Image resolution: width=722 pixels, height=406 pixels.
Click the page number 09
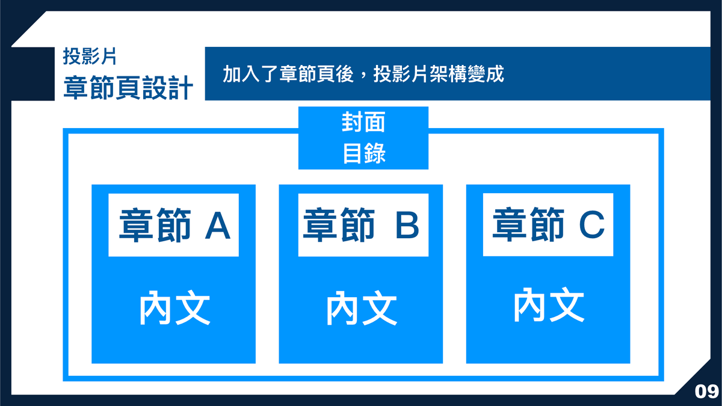tap(706, 392)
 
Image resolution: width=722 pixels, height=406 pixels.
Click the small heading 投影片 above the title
tap(90, 57)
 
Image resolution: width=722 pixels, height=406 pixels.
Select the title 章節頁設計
tap(128, 88)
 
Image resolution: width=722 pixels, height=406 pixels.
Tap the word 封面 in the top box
tap(363, 122)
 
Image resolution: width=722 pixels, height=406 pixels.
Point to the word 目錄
tap(364, 153)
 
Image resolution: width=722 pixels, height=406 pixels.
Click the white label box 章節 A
tap(173, 225)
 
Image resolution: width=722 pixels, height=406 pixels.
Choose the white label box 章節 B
tap(363, 225)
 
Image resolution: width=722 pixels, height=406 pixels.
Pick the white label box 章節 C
tap(548, 224)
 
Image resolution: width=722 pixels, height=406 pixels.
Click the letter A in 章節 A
tap(218, 226)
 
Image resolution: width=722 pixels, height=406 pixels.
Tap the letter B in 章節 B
tap(407, 225)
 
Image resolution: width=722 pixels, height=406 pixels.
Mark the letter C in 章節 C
tap(591, 224)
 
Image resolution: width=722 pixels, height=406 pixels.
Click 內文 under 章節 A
tap(174, 307)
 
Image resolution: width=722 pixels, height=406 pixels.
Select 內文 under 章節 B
tap(362, 308)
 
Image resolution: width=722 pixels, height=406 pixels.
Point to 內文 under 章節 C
tap(549, 304)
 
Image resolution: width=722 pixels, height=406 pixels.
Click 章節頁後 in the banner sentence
tap(317, 74)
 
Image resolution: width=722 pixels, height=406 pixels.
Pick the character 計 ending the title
tap(181, 88)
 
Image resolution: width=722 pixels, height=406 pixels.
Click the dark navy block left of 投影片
tap(33, 74)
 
